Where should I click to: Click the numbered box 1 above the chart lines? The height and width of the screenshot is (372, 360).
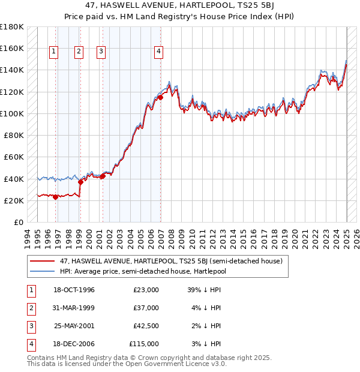[54, 52]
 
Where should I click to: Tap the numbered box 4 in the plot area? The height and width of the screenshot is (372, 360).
[158, 52]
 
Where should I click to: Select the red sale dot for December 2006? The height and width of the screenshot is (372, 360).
[161, 97]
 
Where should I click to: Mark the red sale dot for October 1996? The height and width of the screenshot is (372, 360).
[56, 197]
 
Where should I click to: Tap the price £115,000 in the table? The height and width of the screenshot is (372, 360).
[144, 344]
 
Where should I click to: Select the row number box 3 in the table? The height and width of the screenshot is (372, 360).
[31, 326]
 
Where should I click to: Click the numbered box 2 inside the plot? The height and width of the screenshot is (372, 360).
[79, 52]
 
